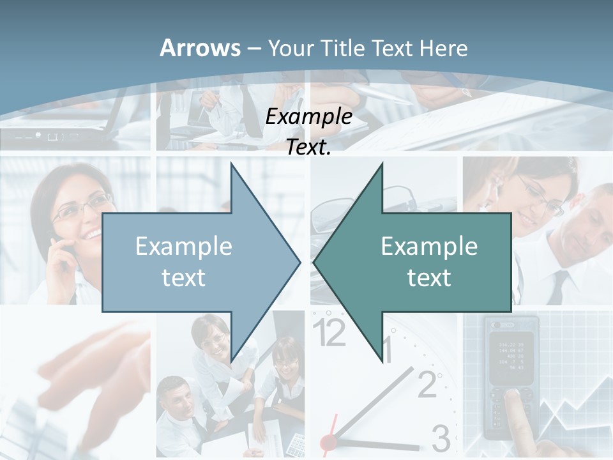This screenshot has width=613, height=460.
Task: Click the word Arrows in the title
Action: pyautogui.click(x=200, y=48)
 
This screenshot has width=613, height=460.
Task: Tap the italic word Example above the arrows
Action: pyautogui.click(x=308, y=117)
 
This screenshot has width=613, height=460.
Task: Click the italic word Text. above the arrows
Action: pyautogui.click(x=308, y=148)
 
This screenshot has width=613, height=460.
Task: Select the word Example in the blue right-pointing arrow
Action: pyautogui.click(x=184, y=247)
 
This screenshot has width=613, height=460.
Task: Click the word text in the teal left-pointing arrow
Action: pyautogui.click(x=429, y=278)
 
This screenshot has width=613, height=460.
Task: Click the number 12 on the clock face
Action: pyautogui.click(x=329, y=333)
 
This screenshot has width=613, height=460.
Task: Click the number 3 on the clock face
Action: pyautogui.click(x=441, y=438)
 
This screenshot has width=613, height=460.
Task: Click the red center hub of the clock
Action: pyautogui.click(x=328, y=441)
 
